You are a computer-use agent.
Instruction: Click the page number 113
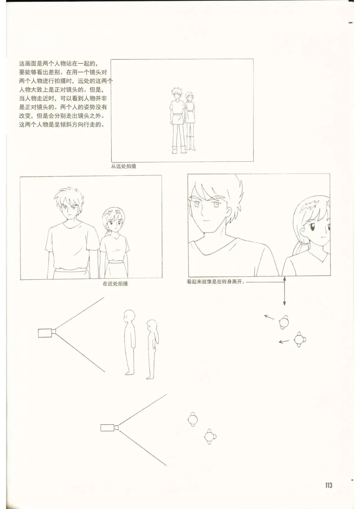click(328, 485)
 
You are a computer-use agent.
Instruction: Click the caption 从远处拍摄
click(123, 166)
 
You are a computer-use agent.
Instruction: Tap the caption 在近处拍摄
click(115, 284)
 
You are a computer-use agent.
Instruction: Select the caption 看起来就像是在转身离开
click(216, 282)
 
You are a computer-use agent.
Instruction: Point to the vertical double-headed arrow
click(284, 291)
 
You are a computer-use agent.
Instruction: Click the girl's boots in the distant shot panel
click(190, 143)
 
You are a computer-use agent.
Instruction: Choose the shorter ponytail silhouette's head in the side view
click(152, 325)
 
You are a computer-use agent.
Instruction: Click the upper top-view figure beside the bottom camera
click(192, 420)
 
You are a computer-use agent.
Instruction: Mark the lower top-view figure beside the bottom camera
click(210, 436)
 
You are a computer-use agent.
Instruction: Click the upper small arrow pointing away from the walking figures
click(269, 317)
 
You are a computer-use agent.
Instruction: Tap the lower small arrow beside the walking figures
click(284, 341)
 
